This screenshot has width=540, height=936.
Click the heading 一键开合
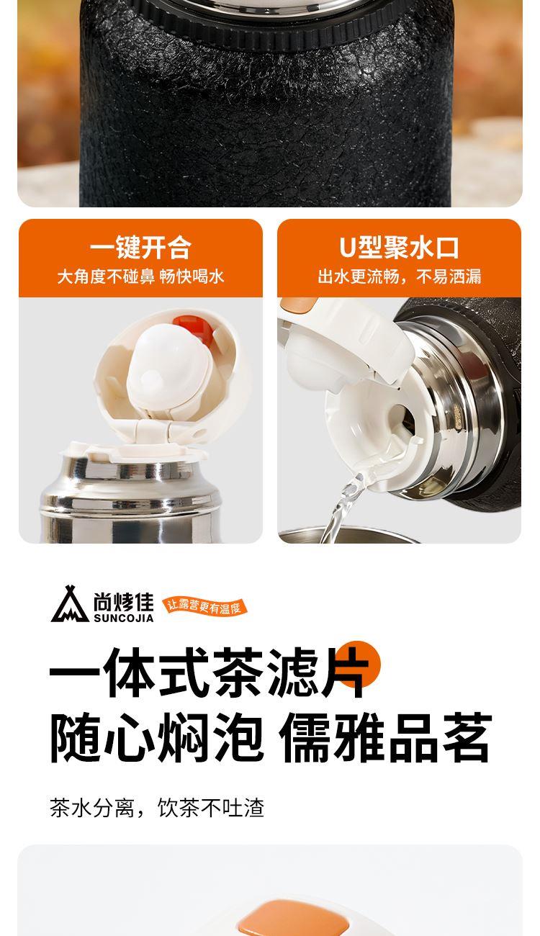140,248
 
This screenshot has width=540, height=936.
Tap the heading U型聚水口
399,248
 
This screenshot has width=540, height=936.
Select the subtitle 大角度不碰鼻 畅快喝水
140,276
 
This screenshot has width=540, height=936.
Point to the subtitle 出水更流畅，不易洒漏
399,276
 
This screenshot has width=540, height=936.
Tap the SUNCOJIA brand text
123,618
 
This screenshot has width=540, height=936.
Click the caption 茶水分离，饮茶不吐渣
157,807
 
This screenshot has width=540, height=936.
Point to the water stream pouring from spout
342,505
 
